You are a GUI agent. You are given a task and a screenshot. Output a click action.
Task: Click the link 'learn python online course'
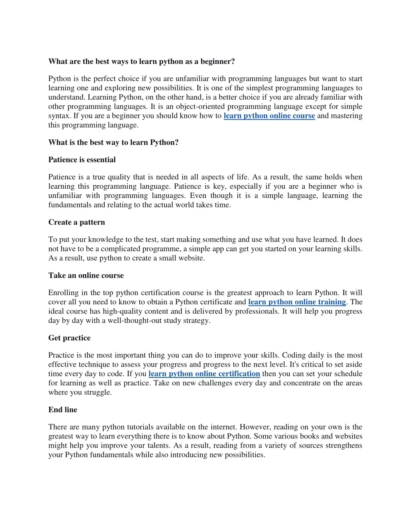(x=269, y=116)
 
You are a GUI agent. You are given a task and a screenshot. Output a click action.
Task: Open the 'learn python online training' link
(x=297, y=302)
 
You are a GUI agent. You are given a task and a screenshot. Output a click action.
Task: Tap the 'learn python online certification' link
(x=204, y=374)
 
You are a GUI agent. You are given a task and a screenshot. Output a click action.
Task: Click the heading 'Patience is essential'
(x=82, y=160)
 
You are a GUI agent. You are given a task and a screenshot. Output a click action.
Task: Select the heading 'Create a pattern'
(x=77, y=222)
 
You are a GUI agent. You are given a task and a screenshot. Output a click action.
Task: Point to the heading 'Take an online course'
(x=86, y=275)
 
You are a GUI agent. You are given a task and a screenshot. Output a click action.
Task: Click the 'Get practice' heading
(x=69, y=338)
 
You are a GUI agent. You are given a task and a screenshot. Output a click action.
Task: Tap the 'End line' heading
(x=63, y=410)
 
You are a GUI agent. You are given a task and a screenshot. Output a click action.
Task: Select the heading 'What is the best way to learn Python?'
(x=114, y=143)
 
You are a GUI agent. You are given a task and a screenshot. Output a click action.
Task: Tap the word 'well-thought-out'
(x=134, y=321)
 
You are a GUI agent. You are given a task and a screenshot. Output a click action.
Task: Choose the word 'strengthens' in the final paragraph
(x=343, y=446)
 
